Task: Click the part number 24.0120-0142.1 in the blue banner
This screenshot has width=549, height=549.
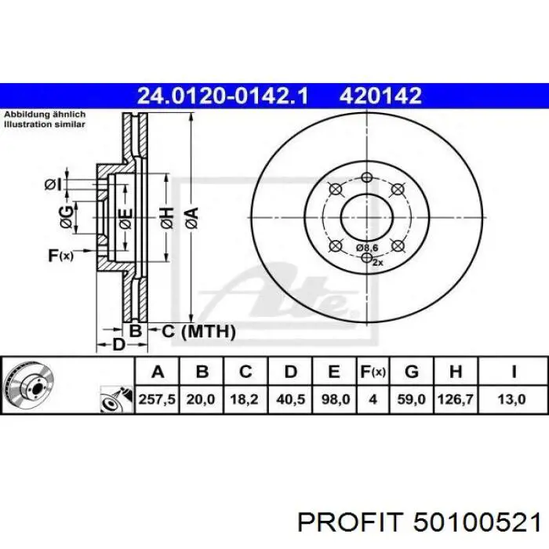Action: (x=223, y=96)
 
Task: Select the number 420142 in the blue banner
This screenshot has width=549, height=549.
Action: (x=380, y=96)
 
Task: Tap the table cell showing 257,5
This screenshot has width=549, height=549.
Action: (x=157, y=399)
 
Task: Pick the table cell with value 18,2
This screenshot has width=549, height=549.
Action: (x=244, y=399)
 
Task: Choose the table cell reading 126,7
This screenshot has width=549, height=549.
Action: (x=456, y=399)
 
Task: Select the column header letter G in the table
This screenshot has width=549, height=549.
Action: (x=412, y=372)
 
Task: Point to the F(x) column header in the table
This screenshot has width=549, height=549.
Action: (x=373, y=372)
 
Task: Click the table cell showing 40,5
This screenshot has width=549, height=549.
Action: (x=291, y=399)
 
